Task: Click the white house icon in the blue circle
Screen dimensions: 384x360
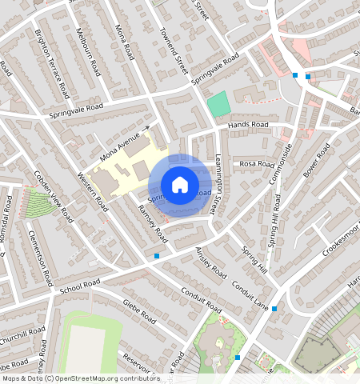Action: (180, 185)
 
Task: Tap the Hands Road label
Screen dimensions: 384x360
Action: (247, 126)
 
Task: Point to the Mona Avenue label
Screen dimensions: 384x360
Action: (120, 143)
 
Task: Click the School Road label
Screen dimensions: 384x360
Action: (80, 286)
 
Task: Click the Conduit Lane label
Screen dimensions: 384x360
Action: (250, 295)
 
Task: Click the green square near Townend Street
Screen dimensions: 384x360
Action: (218, 103)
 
